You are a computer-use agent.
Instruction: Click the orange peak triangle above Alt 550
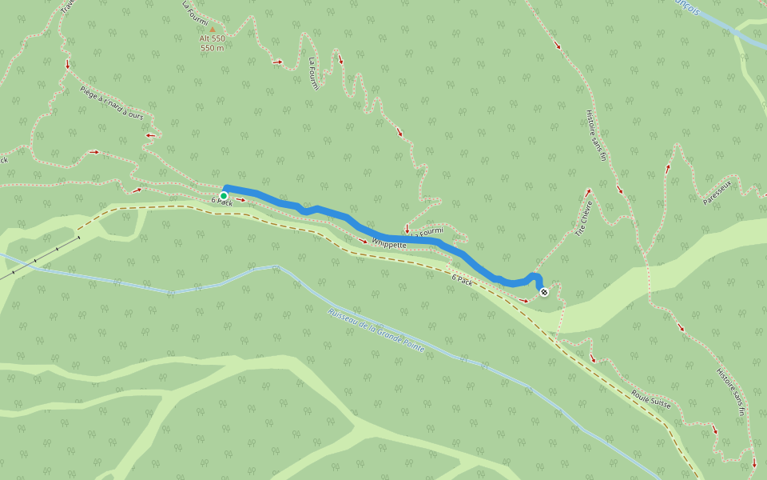click(x=213, y=30)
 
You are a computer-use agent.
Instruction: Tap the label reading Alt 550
click(x=213, y=38)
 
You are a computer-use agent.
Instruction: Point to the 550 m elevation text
click(x=213, y=48)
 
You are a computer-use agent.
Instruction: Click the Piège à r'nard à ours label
click(x=112, y=104)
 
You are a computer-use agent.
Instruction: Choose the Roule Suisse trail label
click(x=650, y=398)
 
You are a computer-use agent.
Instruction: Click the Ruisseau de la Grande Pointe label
click(x=376, y=331)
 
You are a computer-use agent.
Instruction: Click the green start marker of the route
click(x=224, y=195)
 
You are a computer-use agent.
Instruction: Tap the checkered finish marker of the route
click(x=544, y=292)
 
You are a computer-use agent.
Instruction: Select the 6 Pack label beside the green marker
click(x=221, y=203)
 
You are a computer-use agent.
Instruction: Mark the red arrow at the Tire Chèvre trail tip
click(x=588, y=192)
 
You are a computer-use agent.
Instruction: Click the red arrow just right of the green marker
click(x=241, y=200)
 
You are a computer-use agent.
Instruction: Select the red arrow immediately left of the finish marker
click(x=523, y=300)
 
